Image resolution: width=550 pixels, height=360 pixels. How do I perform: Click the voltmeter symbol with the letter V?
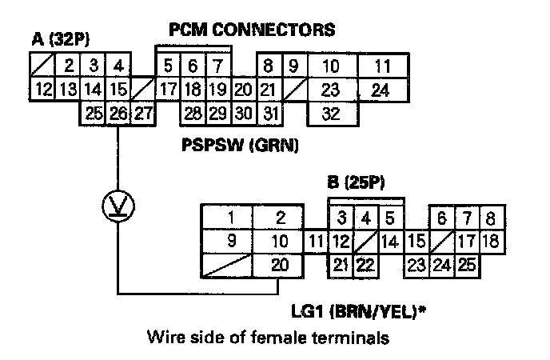click(118, 208)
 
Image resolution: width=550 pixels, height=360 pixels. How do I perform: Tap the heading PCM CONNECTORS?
click(252, 30)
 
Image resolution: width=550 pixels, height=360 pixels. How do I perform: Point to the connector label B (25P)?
click(357, 182)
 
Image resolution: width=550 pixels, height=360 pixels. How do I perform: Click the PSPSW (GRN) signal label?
click(240, 146)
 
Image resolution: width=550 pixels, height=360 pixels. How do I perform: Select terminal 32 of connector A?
click(333, 114)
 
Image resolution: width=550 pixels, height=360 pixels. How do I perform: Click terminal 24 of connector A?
click(381, 90)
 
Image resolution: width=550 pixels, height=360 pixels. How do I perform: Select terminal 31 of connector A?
click(270, 114)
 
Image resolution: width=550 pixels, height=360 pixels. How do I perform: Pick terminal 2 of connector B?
click(281, 218)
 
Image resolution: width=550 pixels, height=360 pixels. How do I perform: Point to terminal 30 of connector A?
click(244, 114)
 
